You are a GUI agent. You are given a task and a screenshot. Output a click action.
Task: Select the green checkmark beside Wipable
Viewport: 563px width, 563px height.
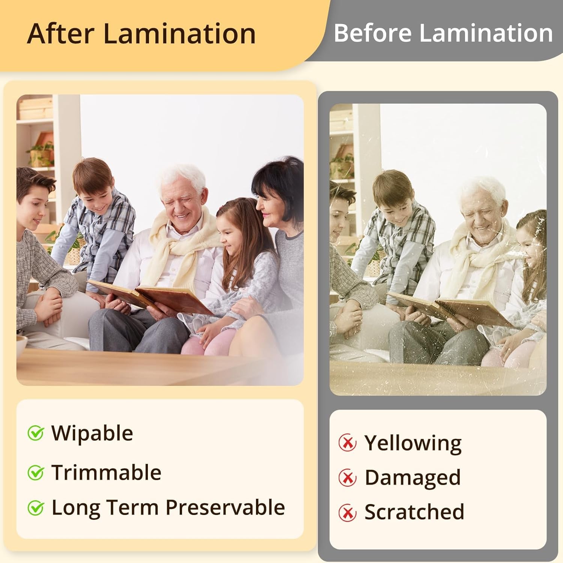click(36, 433)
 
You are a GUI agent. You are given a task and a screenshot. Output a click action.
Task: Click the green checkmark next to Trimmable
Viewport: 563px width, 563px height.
click(36, 473)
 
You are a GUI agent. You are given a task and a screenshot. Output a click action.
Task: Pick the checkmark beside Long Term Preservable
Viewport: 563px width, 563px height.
click(36, 508)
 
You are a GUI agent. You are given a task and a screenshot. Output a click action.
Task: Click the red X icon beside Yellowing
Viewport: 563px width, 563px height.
click(348, 443)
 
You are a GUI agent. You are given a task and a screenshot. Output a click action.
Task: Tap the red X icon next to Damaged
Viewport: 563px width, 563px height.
click(348, 477)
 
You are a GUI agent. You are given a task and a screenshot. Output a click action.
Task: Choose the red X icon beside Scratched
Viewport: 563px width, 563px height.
click(348, 512)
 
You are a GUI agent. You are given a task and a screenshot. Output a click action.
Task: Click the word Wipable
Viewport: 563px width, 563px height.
click(92, 434)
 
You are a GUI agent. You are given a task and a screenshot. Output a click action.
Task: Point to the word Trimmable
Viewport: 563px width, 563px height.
click(106, 473)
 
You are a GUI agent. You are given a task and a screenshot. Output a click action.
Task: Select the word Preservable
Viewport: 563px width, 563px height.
click(225, 508)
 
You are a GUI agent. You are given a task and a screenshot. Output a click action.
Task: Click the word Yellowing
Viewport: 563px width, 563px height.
click(413, 443)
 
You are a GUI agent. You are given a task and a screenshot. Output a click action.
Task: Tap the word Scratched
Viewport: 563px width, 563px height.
click(414, 512)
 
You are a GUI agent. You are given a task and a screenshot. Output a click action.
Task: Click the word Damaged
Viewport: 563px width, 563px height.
click(412, 478)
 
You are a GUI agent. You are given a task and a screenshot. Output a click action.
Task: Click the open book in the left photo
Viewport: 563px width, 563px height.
click(150, 297)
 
